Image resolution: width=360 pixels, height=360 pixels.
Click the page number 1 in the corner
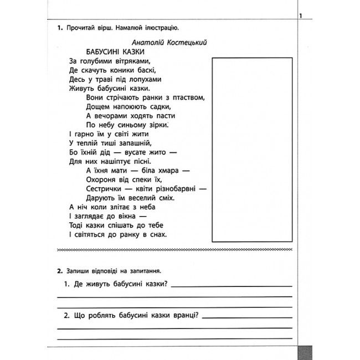[300, 17]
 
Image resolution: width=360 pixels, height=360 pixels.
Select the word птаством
[188, 97]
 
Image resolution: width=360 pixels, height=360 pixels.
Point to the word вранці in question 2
[184, 316]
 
